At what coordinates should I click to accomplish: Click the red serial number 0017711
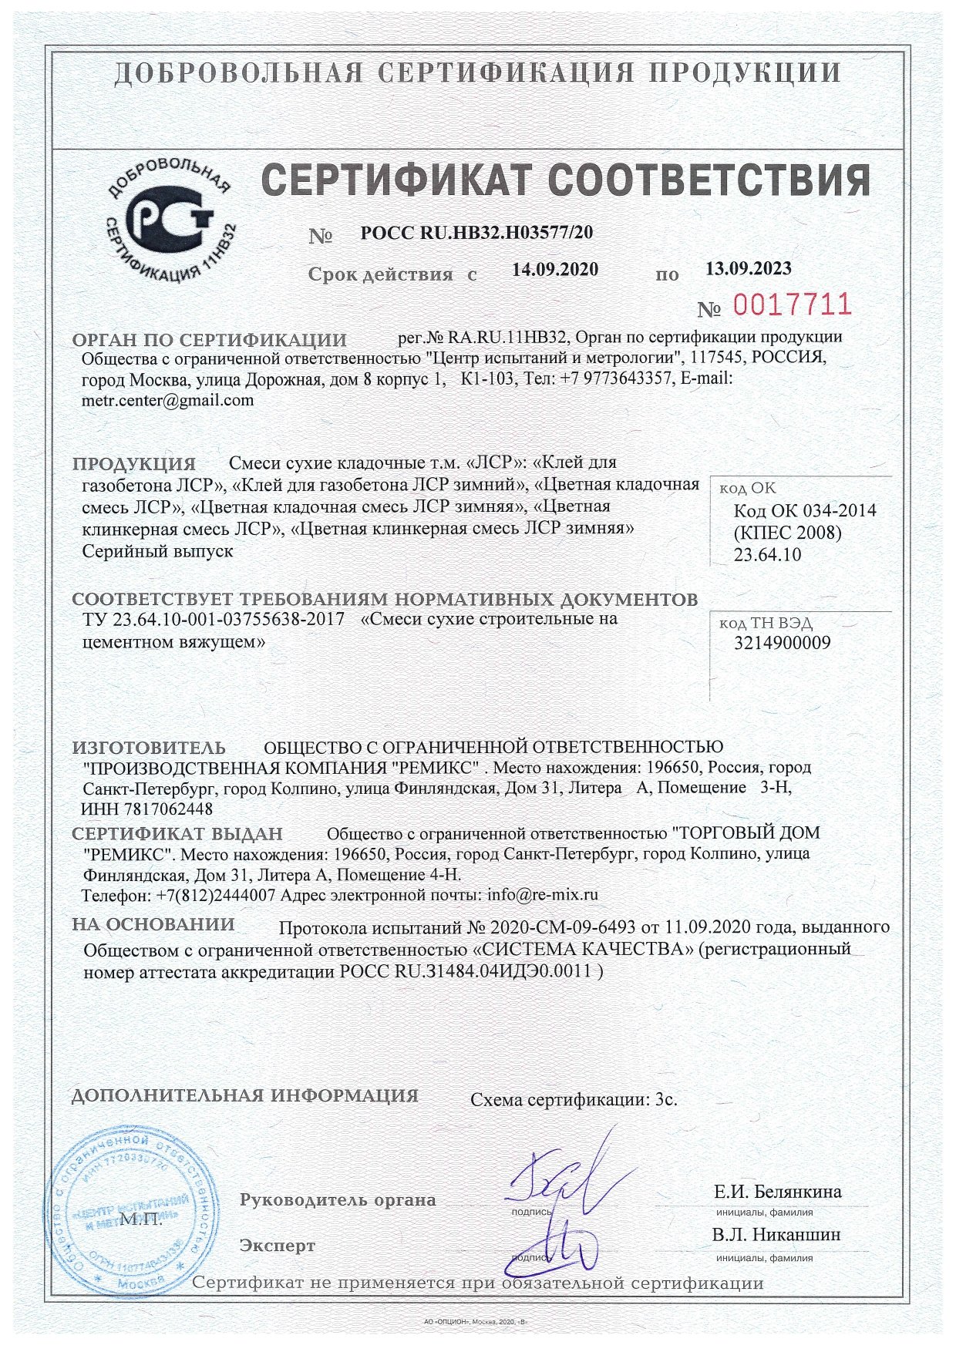pyautogui.click(x=792, y=305)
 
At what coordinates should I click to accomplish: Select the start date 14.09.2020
pyautogui.click(x=555, y=269)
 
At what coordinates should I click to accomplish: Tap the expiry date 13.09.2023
pyautogui.click(x=749, y=268)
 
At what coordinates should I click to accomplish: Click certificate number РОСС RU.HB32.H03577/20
pyautogui.click(x=476, y=232)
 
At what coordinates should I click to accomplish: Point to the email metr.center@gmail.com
pyautogui.click(x=167, y=400)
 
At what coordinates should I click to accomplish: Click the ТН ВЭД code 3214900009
pyautogui.click(x=783, y=642)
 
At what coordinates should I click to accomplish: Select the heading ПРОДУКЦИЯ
pyautogui.click(x=134, y=464)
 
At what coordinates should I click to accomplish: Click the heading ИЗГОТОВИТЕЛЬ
pyautogui.click(x=149, y=747)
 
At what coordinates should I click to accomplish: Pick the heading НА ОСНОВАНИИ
pyautogui.click(x=153, y=924)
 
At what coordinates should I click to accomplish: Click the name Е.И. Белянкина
pyautogui.click(x=778, y=1191)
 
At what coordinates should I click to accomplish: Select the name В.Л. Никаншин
pyautogui.click(x=776, y=1234)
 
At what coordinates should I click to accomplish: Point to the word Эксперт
pyautogui.click(x=278, y=1246)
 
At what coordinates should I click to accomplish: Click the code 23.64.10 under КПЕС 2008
pyautogui.click(x=767, y=554)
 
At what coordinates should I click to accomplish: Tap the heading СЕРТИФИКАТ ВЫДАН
pyautogui.click(x=177, y=833)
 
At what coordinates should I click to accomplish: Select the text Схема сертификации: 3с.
pyautogui.click(x=574, y=1099)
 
